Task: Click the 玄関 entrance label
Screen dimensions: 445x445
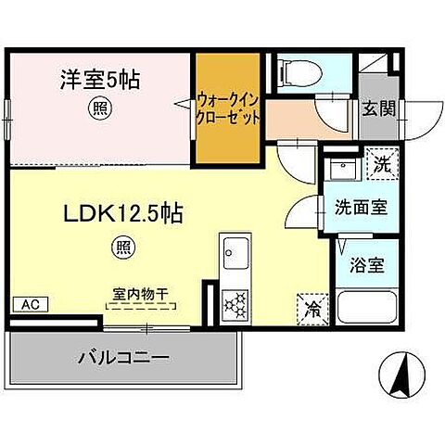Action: coord(379,108)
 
